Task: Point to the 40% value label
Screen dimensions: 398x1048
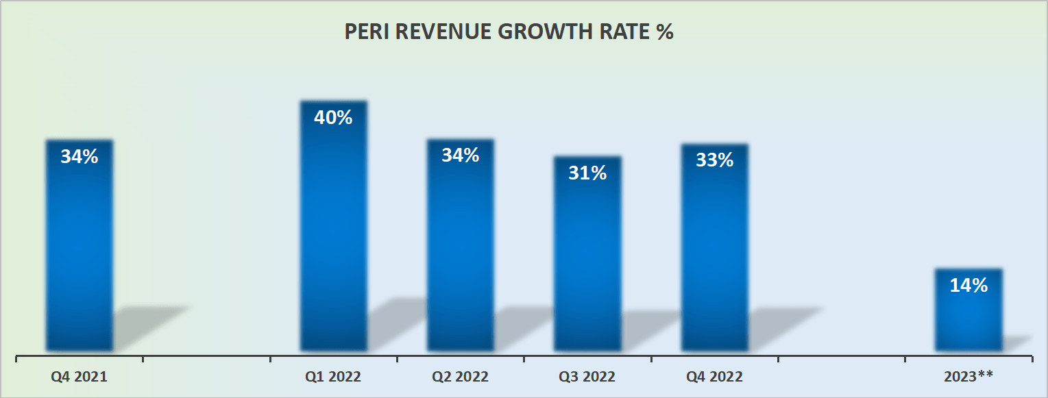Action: [x=334, y=118]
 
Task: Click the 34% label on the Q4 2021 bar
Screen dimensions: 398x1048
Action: [x=80, y=157]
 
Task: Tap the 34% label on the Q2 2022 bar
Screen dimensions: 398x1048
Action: [x=461, y=156]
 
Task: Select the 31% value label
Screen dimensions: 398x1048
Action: [x=587, y=173]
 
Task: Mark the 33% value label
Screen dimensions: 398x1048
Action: [x=714, y=160]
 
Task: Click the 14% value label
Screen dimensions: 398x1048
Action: [x=968, y=286]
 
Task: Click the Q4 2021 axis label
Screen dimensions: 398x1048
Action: [x=80, y=376]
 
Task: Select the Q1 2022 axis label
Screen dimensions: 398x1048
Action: [x=334, y=376]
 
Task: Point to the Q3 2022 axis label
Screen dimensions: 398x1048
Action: [x=587, y=376]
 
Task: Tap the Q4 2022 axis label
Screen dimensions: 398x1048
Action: [x=714, y=376]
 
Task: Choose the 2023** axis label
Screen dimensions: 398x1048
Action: [x=968, y=376]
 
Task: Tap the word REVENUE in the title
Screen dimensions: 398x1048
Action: [x=446, y=33]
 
